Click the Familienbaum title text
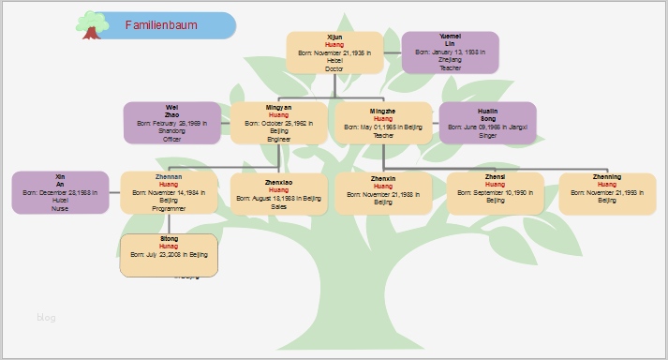[x=161, y=25]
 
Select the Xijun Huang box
[x=334, y=52]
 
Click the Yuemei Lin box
[x=450, y=52]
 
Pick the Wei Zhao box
[x=171, y=123]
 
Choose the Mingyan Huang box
[x=278, y=123]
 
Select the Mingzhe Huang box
[x=383, y=123]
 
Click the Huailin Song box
[x=487, y=123]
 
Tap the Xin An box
[x=60, y=193]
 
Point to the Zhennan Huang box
[x=169, y=193]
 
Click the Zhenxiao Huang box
[x=278, y=193]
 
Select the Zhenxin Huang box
[x=382, y=193]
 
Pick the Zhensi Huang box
[x=495, y=193]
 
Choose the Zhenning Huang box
[x=606, y=193]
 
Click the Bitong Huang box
[x=169, y=255]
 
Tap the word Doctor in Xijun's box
[x=334, y=68]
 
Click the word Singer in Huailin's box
[x=487, y=135]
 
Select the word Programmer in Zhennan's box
[x=169, y=209]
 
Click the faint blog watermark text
[x=46, y=318]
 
